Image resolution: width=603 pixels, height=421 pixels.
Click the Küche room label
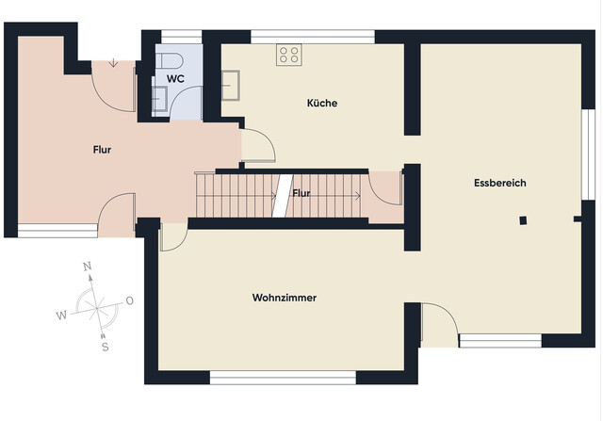tap(321, 103)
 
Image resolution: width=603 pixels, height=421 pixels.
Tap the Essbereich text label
tap(499, 183)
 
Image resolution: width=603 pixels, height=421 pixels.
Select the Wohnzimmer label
tap(284, 298)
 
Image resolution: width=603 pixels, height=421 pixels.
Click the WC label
tap(175, 78)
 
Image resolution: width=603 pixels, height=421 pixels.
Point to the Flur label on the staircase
tap(301, 193)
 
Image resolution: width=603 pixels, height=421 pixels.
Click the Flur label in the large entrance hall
tap(102, 149)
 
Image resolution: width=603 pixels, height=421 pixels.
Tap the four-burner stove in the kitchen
tap(288, 55)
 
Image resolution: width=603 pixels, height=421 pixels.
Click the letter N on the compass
tap(88, 267)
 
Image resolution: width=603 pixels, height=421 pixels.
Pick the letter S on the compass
tap(105, 346)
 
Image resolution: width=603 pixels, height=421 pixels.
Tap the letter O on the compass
tap(129, 300)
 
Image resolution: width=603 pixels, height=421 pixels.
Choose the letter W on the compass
tap(61, 315)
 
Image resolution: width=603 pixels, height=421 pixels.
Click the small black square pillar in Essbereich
tap(522, 220)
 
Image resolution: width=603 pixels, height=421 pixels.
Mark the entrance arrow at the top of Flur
tap(113, 64)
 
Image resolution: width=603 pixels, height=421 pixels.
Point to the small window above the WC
tap(176, 37)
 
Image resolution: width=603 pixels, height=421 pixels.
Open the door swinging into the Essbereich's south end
tap(435, 323)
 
